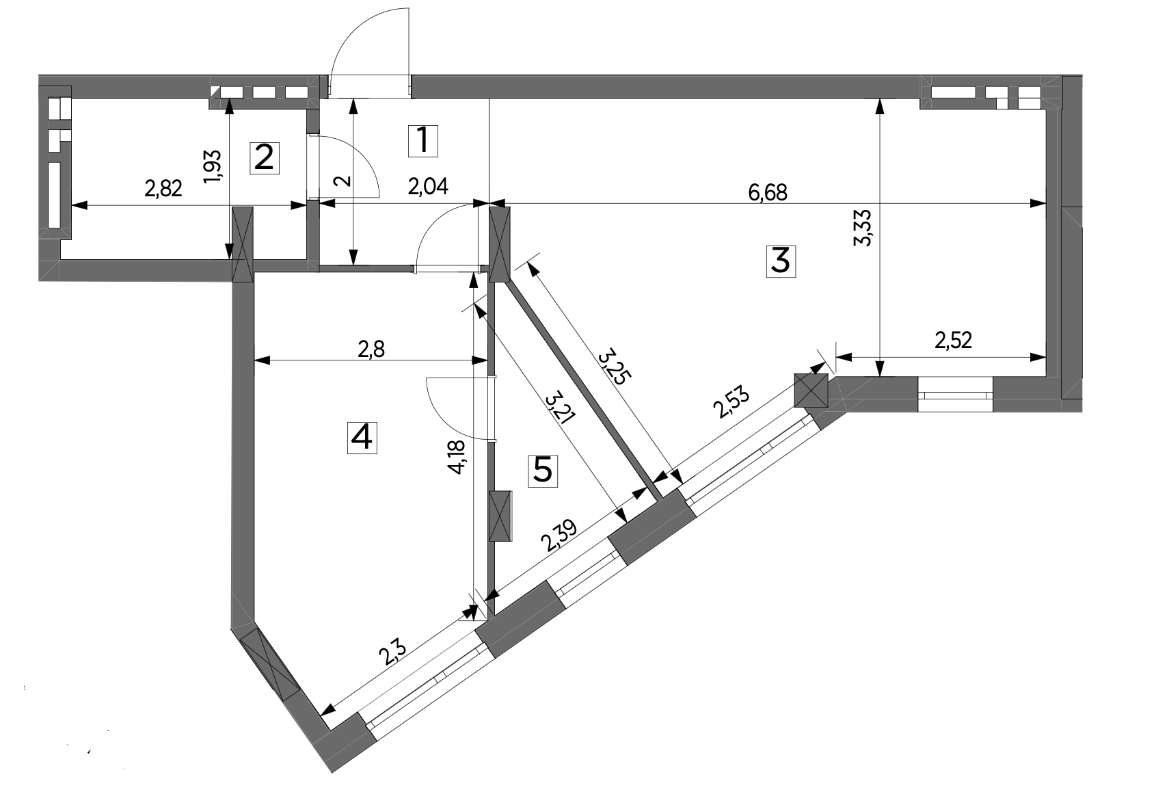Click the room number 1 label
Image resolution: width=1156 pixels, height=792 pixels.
pos(423,140)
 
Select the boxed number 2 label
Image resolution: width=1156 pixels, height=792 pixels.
pos(265,158)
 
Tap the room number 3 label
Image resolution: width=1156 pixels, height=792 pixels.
pos(780,261)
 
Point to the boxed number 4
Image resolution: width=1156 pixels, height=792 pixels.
pos(362,438)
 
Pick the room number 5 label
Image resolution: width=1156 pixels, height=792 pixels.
pos(543,471)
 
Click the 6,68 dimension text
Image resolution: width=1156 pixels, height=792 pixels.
pos(768,193)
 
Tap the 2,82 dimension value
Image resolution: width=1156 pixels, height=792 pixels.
pos(163,189)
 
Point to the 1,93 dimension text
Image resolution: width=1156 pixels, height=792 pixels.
pos(212,166)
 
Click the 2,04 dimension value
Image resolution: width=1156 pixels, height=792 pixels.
pos(428,187)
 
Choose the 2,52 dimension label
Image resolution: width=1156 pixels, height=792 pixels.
pos(953,341)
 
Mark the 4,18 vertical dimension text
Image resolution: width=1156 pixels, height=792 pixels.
pos(457,457)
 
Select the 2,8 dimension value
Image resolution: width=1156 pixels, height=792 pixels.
pos(371,349)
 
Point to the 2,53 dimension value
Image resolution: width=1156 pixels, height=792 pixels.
pos(731,402)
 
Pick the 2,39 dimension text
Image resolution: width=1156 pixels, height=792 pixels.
pos(559,535)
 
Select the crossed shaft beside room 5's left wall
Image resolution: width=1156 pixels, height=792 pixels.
pos(500,516)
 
